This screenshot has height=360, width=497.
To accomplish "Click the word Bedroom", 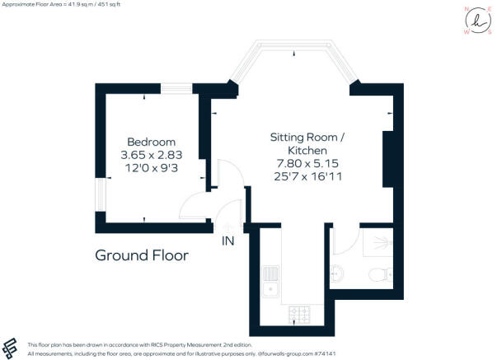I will point(151,141).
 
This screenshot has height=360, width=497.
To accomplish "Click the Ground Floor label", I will point(142,255).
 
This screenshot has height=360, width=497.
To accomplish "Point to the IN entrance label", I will point(228,241).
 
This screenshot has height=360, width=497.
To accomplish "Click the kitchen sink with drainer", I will point(270,280).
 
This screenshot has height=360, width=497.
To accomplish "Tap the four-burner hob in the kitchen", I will point(298,314).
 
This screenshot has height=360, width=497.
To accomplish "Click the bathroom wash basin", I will point(338,272).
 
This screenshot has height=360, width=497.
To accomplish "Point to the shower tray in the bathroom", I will point(380,241).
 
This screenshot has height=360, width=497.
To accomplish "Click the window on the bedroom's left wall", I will point(100,195).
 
